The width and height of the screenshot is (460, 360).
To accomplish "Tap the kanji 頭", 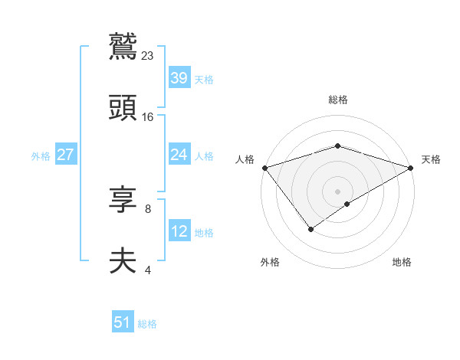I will coord(123,108).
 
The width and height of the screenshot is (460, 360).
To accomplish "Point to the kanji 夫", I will coord(123,261).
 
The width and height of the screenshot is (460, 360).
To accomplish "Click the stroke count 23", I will coord(148,55).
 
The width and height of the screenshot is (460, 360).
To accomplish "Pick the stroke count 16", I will coord(148,117).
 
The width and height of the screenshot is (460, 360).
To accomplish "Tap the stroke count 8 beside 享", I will coord(148,208).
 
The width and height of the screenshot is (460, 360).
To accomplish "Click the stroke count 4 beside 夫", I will coord(148,270).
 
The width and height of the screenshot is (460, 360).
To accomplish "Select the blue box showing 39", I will coord(179,77).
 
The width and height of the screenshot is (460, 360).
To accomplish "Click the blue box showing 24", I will coord(179,155).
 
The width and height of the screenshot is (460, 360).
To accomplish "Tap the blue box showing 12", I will coord(179,231).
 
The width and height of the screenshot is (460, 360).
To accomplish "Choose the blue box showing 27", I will coord(65,155).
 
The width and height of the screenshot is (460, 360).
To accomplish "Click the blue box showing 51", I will coord(123,322).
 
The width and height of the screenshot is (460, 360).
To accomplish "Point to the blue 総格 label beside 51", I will coord(147,324).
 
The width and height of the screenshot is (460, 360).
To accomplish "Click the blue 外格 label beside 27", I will coord(41,156).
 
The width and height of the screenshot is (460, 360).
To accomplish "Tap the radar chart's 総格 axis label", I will coord(337,100).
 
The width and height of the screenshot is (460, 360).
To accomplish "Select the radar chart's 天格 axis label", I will coord(431,159).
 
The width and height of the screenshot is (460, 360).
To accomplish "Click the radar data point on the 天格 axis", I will coord(411,168).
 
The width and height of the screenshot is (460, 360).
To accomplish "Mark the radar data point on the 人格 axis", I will coord(264,168).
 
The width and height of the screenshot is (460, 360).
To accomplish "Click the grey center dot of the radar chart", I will coord(337,191).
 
